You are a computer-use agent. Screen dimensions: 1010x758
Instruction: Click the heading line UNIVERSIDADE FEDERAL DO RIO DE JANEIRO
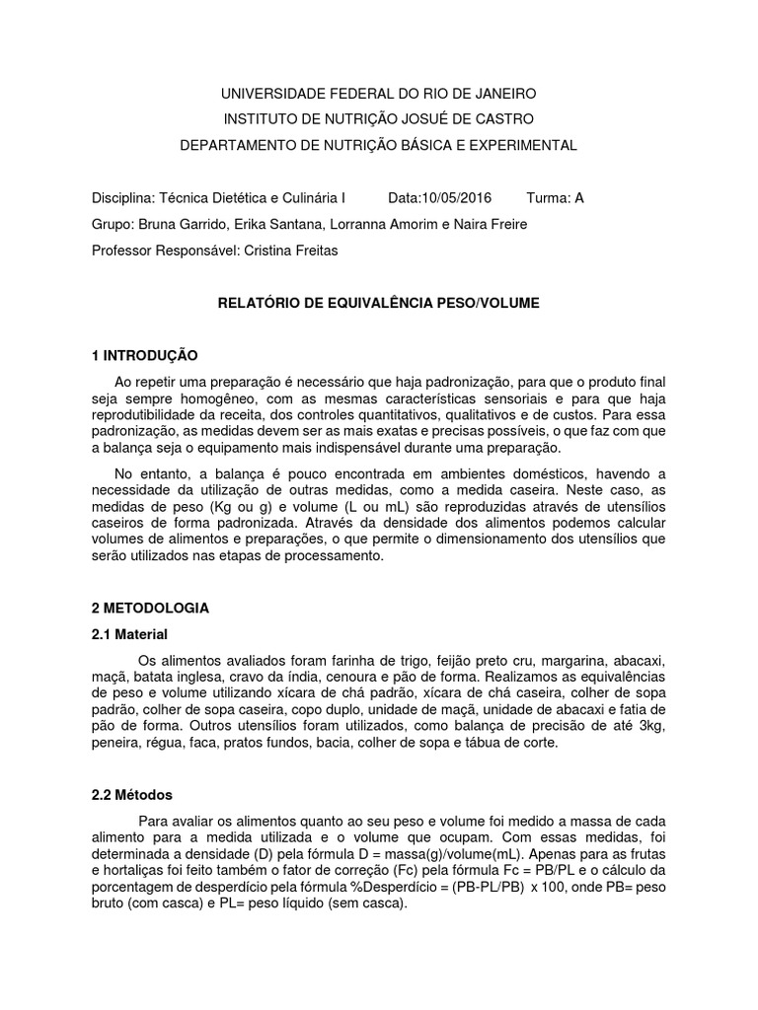point(378,94)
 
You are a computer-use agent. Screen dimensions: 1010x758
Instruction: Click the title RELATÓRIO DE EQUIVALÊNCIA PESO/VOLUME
point(378,304)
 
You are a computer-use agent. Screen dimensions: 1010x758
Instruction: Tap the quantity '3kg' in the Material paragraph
point(654,727)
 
